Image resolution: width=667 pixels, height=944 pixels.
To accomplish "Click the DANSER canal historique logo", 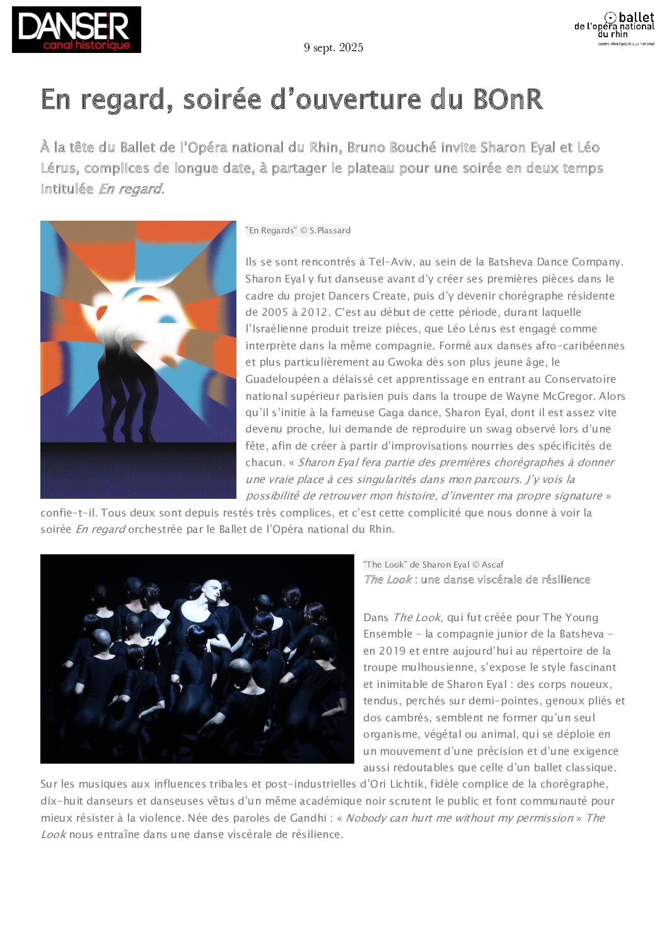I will pos(76,30).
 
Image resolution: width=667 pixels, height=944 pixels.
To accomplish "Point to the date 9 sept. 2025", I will pos(333,48).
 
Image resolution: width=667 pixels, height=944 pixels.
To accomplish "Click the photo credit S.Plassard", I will pos(330,231).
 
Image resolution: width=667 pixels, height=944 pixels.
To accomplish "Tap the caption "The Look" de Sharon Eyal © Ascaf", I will pos(433,564).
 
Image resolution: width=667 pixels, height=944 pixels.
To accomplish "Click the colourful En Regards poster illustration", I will pos(138,359).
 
